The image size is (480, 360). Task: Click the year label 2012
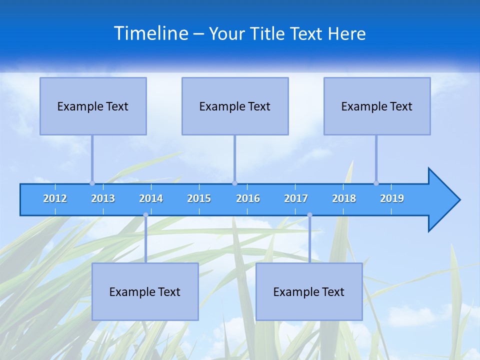(x=55, y=198)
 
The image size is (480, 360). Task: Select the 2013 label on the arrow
(x=103, y=198)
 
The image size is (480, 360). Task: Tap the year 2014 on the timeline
(x=151, y=198)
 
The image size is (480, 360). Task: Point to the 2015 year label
(x=199, y=198)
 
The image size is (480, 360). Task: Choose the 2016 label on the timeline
(x=248, y=198)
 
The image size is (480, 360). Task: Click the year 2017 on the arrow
(x=296, y=198)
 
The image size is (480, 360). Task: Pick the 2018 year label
(x=344, y=198)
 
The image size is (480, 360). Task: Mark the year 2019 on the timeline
(x=392, y=198)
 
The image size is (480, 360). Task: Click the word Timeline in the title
(x=150, y=33)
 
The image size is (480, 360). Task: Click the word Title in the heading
(x=269, y=33)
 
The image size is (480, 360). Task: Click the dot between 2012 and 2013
(x=92, y=183)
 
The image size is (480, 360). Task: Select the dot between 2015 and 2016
(x=234, y=183)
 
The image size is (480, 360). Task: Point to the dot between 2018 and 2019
(x=376, y=183)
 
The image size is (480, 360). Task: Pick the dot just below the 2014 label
(x=145, y=215)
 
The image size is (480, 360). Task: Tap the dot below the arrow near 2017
(x=309, y=215)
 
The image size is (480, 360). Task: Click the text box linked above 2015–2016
(x=235, y=106)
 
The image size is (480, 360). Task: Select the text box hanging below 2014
(x=145, y=291)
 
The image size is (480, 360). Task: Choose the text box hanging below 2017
(x=309, y=291)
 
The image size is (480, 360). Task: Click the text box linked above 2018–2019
(x=377, y=106)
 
